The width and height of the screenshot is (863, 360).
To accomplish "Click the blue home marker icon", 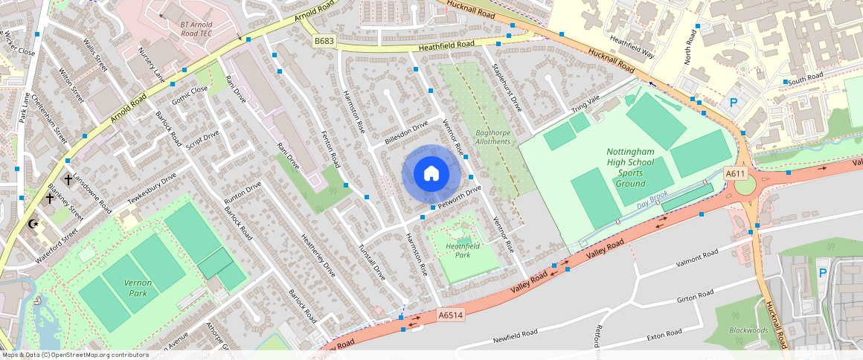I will [431, 173].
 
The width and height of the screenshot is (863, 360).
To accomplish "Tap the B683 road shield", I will [324, 41].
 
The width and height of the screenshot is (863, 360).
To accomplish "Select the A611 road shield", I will [735, 173].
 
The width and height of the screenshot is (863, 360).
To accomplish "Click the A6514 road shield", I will [450, 315].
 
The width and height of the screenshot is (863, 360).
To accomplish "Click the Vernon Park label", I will [137, 288].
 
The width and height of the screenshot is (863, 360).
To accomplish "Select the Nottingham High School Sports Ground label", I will [629, 167].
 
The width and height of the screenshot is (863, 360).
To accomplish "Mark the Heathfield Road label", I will [446, 45].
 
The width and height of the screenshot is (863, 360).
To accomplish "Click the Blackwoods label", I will [748, 330].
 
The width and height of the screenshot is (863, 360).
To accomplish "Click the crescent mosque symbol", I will [32, 224].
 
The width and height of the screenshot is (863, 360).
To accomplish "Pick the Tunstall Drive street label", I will [373, 260].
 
